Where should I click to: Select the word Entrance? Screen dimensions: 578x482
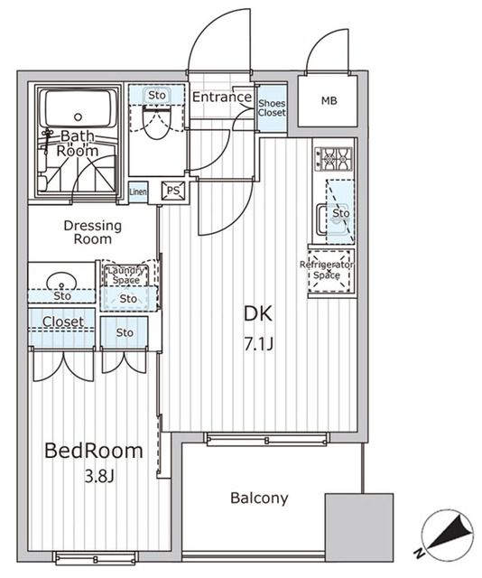click(x=221, y=98)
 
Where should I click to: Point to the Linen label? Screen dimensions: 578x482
click(x=138, y=191)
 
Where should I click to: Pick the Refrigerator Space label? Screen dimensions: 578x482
click(x=327, y=269)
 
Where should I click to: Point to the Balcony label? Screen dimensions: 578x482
click(x=258, y=498)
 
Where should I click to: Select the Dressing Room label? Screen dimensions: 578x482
click(x=88, y=232)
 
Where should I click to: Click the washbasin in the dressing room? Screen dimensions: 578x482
click(x=60, y=276)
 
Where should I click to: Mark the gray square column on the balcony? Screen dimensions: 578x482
click(x=359, y=524)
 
